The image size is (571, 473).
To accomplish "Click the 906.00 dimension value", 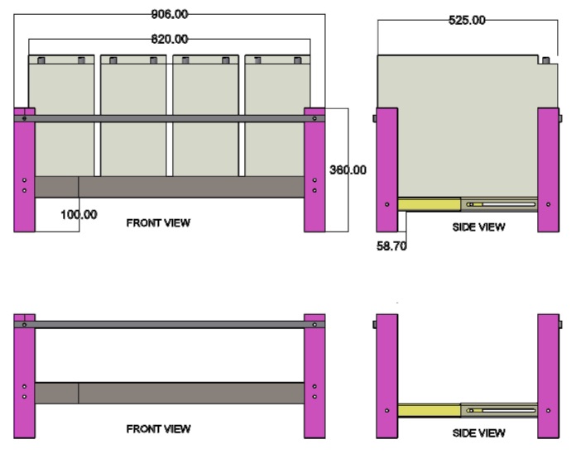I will [169, 13].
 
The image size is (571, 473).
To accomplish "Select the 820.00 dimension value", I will [169, 38].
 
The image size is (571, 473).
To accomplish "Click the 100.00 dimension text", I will [79, 214].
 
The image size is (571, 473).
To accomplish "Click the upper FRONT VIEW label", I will [157, 223].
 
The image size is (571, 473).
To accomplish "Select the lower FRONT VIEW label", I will [157, 428].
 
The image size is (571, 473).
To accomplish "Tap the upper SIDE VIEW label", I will [478, 227].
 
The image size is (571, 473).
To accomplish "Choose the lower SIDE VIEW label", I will [478, 433].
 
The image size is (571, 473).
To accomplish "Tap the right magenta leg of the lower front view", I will [314, 376].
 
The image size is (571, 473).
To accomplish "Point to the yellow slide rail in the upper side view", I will [429, 203].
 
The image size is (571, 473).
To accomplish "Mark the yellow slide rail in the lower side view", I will [429, 409].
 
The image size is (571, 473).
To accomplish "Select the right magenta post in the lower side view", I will [549, 376].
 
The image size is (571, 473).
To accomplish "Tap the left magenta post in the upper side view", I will [386, 170].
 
